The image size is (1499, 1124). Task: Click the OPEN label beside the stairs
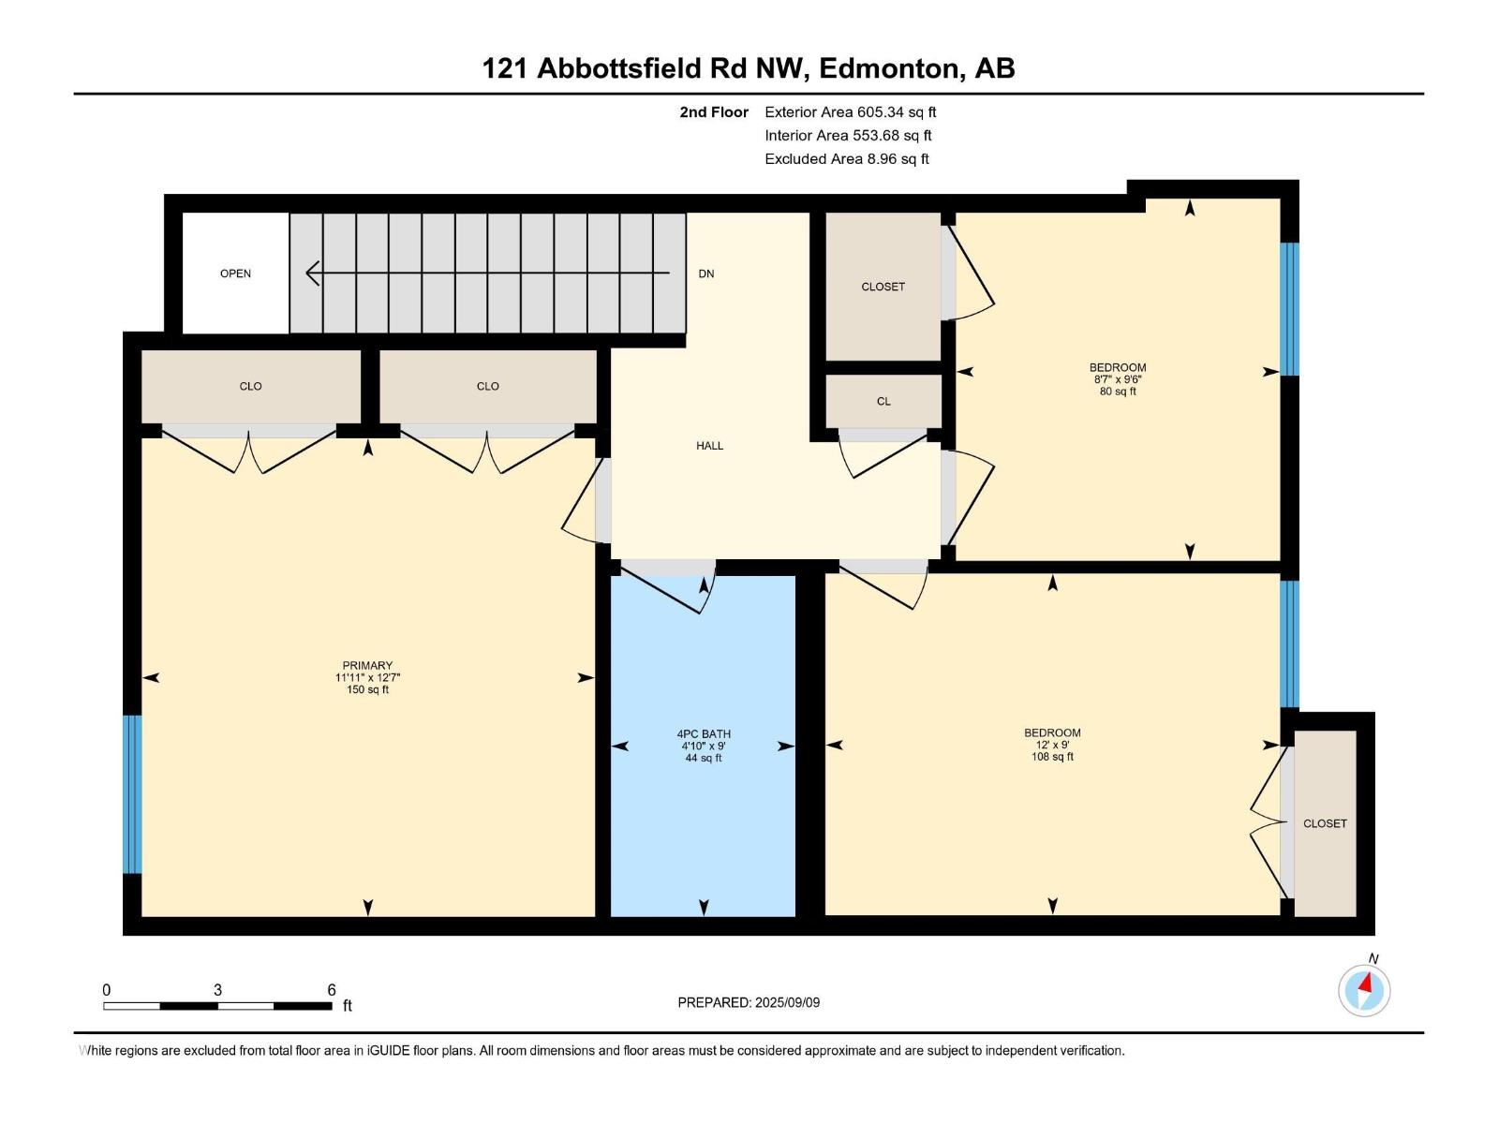coord(235,274)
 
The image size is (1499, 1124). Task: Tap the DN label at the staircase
coord(706,274)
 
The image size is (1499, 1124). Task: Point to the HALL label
coord(709,446)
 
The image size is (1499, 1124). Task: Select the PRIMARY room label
coord(367,666)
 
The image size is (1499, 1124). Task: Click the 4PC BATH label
coord(704,734)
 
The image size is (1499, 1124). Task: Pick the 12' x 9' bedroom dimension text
coord(1052,745)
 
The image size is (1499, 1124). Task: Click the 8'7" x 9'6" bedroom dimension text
coord(1118,379)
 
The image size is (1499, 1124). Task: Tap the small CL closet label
coord(883,401)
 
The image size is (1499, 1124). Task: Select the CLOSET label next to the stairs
coord(883,287)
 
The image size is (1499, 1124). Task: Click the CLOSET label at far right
coord(1325,823)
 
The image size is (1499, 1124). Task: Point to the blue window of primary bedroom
coord(132,794)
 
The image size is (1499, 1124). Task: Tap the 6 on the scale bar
coord(332,990)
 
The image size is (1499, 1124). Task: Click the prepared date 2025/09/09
coord(787,1002)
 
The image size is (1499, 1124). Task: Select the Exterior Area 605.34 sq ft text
coord(850,112)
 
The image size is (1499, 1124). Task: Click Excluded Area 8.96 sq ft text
coord(846,159)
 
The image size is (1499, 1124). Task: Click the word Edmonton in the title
coord(890,68)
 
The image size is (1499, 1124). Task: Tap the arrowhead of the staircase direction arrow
coord(312,274)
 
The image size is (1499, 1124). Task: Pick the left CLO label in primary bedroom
coord(250,386)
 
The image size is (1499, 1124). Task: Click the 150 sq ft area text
coord(367,689)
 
